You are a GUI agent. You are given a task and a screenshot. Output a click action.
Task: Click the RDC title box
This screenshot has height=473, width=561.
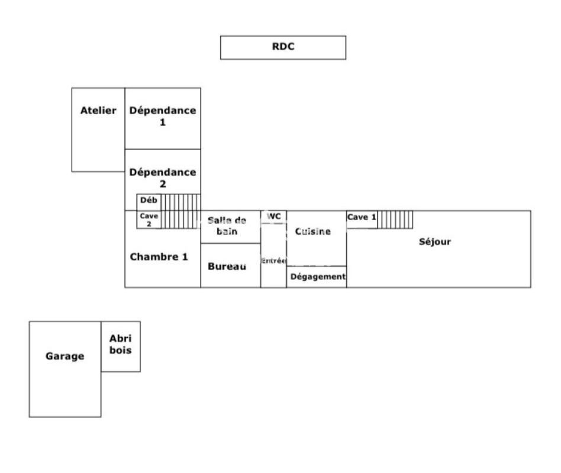tap(283, 47)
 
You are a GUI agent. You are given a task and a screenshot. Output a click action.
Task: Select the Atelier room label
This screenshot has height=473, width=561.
tap(98, 111)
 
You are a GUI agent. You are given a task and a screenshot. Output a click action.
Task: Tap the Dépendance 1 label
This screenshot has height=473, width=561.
tap(162, 116)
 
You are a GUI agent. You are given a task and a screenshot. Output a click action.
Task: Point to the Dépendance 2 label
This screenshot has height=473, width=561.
tap(162, 178)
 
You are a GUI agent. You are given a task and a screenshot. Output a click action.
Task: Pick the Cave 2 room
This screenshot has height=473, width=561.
tap(149, 219)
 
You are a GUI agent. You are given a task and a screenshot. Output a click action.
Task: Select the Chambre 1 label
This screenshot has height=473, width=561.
tap(159, 257)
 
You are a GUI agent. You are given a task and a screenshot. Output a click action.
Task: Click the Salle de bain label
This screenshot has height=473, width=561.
tap(227, 226)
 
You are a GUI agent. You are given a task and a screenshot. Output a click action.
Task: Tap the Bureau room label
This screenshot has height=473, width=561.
tap(227, 267)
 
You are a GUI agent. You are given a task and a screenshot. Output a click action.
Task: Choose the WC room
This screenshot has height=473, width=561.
tap(273, 216)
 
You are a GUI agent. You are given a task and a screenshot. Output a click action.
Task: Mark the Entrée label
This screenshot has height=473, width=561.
tap(273, 261)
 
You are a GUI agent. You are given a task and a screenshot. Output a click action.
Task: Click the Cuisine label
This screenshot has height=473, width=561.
tap(312, 232)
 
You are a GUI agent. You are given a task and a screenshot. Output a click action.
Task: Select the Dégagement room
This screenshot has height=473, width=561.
tap(317, 277)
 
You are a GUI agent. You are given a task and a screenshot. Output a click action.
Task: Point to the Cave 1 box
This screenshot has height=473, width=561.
tap(362, 218)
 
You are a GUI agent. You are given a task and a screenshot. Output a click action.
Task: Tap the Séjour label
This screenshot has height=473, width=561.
tap(435, 241)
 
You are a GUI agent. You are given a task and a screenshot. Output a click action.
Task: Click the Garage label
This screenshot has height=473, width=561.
tap(65, 357)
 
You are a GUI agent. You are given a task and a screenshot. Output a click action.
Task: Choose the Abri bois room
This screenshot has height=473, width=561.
tap(121, 344)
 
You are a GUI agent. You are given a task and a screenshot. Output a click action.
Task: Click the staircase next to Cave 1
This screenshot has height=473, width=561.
tap(395, 219)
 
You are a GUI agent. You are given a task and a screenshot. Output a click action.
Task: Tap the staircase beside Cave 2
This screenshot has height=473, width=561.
tap(181, 219)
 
